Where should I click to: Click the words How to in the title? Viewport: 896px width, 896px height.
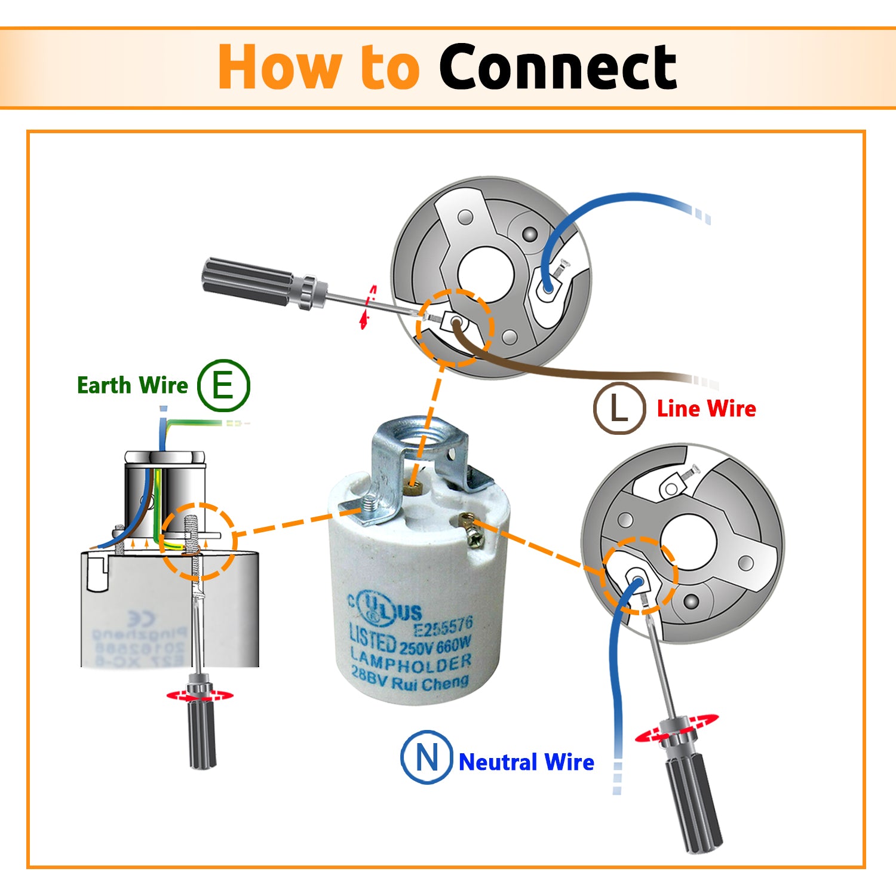(318, 67)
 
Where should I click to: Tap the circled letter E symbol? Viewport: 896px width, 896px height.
(223, 385)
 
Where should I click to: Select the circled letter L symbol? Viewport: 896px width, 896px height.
(619, 409)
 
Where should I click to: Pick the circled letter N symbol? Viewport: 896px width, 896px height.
(426, 757)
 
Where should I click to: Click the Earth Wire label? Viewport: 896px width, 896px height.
(132, 385)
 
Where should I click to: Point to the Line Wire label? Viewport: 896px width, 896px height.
(706, 409)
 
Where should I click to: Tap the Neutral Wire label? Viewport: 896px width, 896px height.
(526, 762)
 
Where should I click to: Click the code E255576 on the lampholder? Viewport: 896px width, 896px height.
(443, 627)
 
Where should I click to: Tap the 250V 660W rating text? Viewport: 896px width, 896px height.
(435, 647)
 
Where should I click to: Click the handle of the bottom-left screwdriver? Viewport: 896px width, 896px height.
(201, 735)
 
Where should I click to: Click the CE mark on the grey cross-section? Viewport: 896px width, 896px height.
(141, 619)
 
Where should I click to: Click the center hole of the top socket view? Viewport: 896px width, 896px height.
(485, 273)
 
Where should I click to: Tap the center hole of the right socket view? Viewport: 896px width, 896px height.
(689, 541)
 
